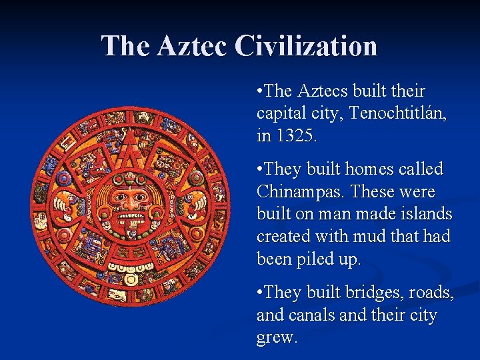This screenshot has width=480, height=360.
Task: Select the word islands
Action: pos(423,215)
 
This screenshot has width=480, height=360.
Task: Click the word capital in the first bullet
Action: pos(280,113)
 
